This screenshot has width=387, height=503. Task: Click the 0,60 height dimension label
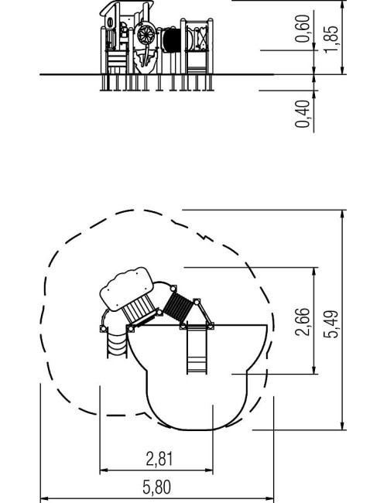pos(303,29)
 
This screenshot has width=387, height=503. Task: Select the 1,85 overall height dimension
pos(330,39)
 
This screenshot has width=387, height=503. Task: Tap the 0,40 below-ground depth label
pos(303,114)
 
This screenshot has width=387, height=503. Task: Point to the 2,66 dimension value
pos(302,322)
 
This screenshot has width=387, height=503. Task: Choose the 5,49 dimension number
pos(330,324)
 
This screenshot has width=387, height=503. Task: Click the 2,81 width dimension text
pos(159,459)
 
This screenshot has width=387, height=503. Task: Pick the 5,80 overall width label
pos(156,488)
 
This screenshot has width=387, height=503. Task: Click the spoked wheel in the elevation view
pos(146,34)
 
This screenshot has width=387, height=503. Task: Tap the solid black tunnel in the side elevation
pos(172,40)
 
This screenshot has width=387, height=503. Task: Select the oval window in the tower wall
pos(110,22)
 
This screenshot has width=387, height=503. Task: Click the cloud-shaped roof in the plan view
pos(126,289)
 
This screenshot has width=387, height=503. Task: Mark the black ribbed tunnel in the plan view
pos(179,307)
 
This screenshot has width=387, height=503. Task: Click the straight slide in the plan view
pos(197,350)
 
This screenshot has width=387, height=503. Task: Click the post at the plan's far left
pos(103,329)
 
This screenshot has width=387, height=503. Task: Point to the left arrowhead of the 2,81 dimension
pos(103,471)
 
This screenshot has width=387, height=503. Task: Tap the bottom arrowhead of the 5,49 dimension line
pos(343,426)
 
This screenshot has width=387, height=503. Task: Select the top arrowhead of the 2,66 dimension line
pos(314,272)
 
